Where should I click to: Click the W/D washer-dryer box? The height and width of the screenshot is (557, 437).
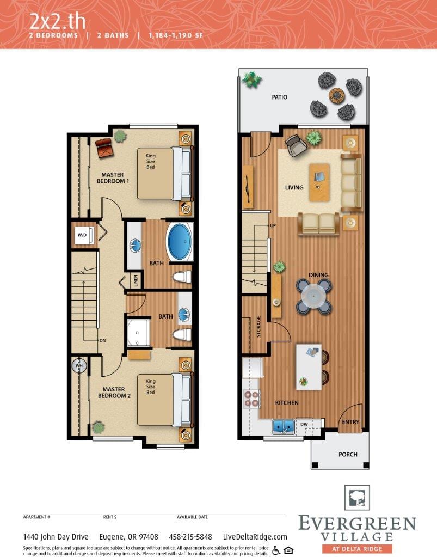pos(83,235)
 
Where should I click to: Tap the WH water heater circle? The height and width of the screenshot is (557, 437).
pos(79,365)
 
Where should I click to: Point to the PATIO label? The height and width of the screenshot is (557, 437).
pos(280,97)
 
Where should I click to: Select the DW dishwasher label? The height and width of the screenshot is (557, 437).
pos(304,424)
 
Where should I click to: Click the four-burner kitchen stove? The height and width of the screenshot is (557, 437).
pos(251,399)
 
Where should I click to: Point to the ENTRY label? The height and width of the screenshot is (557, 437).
pos(350,422)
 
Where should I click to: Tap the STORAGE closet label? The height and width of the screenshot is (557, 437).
pos(258,326)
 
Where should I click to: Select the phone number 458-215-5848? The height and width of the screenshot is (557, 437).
pos(190,536)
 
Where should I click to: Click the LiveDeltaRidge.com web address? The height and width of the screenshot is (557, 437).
pos(255,536)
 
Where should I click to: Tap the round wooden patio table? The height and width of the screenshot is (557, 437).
pos(336,96)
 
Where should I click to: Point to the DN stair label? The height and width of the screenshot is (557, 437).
pos(102,340)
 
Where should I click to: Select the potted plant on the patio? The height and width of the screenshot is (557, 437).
pos(251,79)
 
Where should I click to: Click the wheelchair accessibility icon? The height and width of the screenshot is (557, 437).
pos(276,549)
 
